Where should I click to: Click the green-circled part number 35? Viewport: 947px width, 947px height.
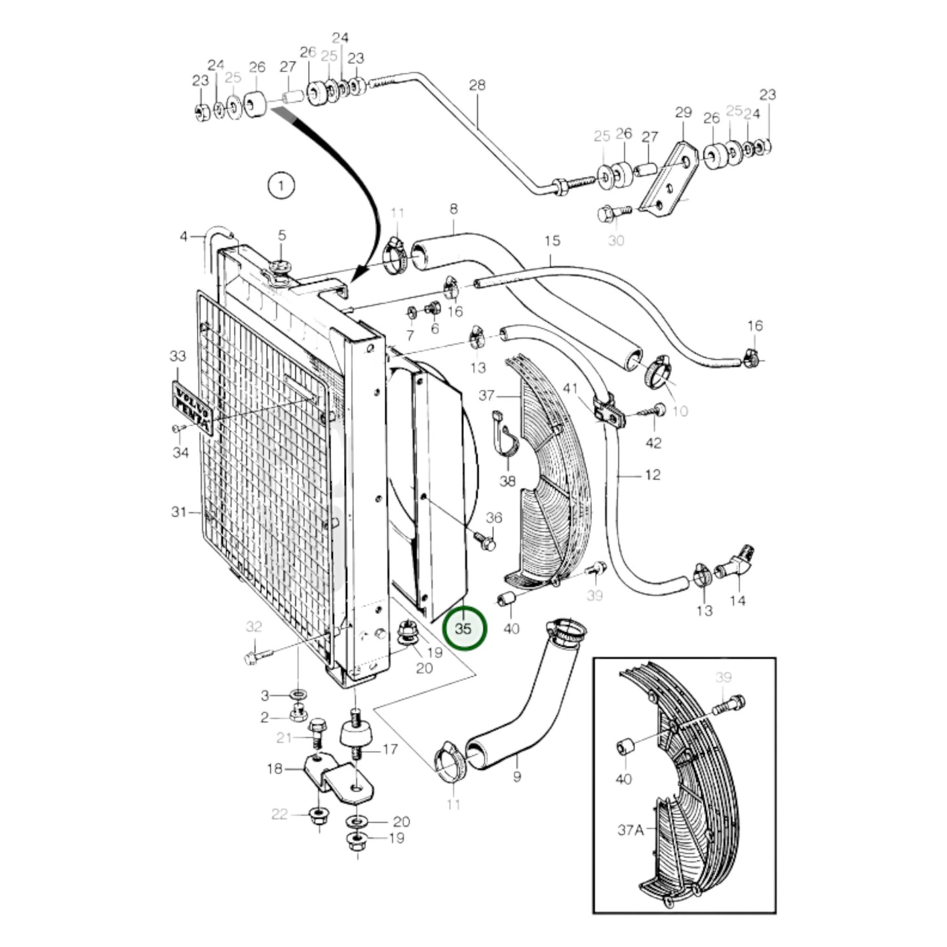coord(464,628)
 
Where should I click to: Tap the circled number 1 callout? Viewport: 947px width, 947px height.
coord(281,186)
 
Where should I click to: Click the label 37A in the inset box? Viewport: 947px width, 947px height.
coord(630,830)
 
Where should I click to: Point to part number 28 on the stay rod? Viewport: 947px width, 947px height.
coord(478,85)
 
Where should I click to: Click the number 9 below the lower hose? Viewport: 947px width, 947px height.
coord(517,777)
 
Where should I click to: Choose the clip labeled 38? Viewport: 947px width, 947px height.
coord(505,435)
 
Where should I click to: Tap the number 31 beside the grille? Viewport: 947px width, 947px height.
coord(179,512)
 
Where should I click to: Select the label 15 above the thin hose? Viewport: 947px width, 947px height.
coord(552,241)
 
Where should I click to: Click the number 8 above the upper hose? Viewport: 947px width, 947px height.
coord(454,209)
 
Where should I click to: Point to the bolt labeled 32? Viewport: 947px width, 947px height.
coord(256,656)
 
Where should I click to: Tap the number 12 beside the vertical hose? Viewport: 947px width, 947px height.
coord(653,474)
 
